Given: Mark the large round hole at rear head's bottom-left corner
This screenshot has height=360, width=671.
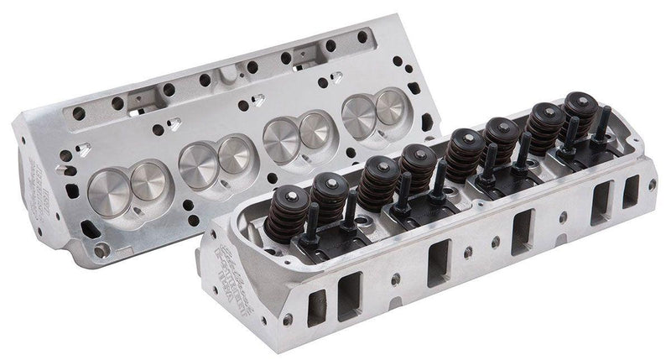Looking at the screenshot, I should click(x=101, y=249).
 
